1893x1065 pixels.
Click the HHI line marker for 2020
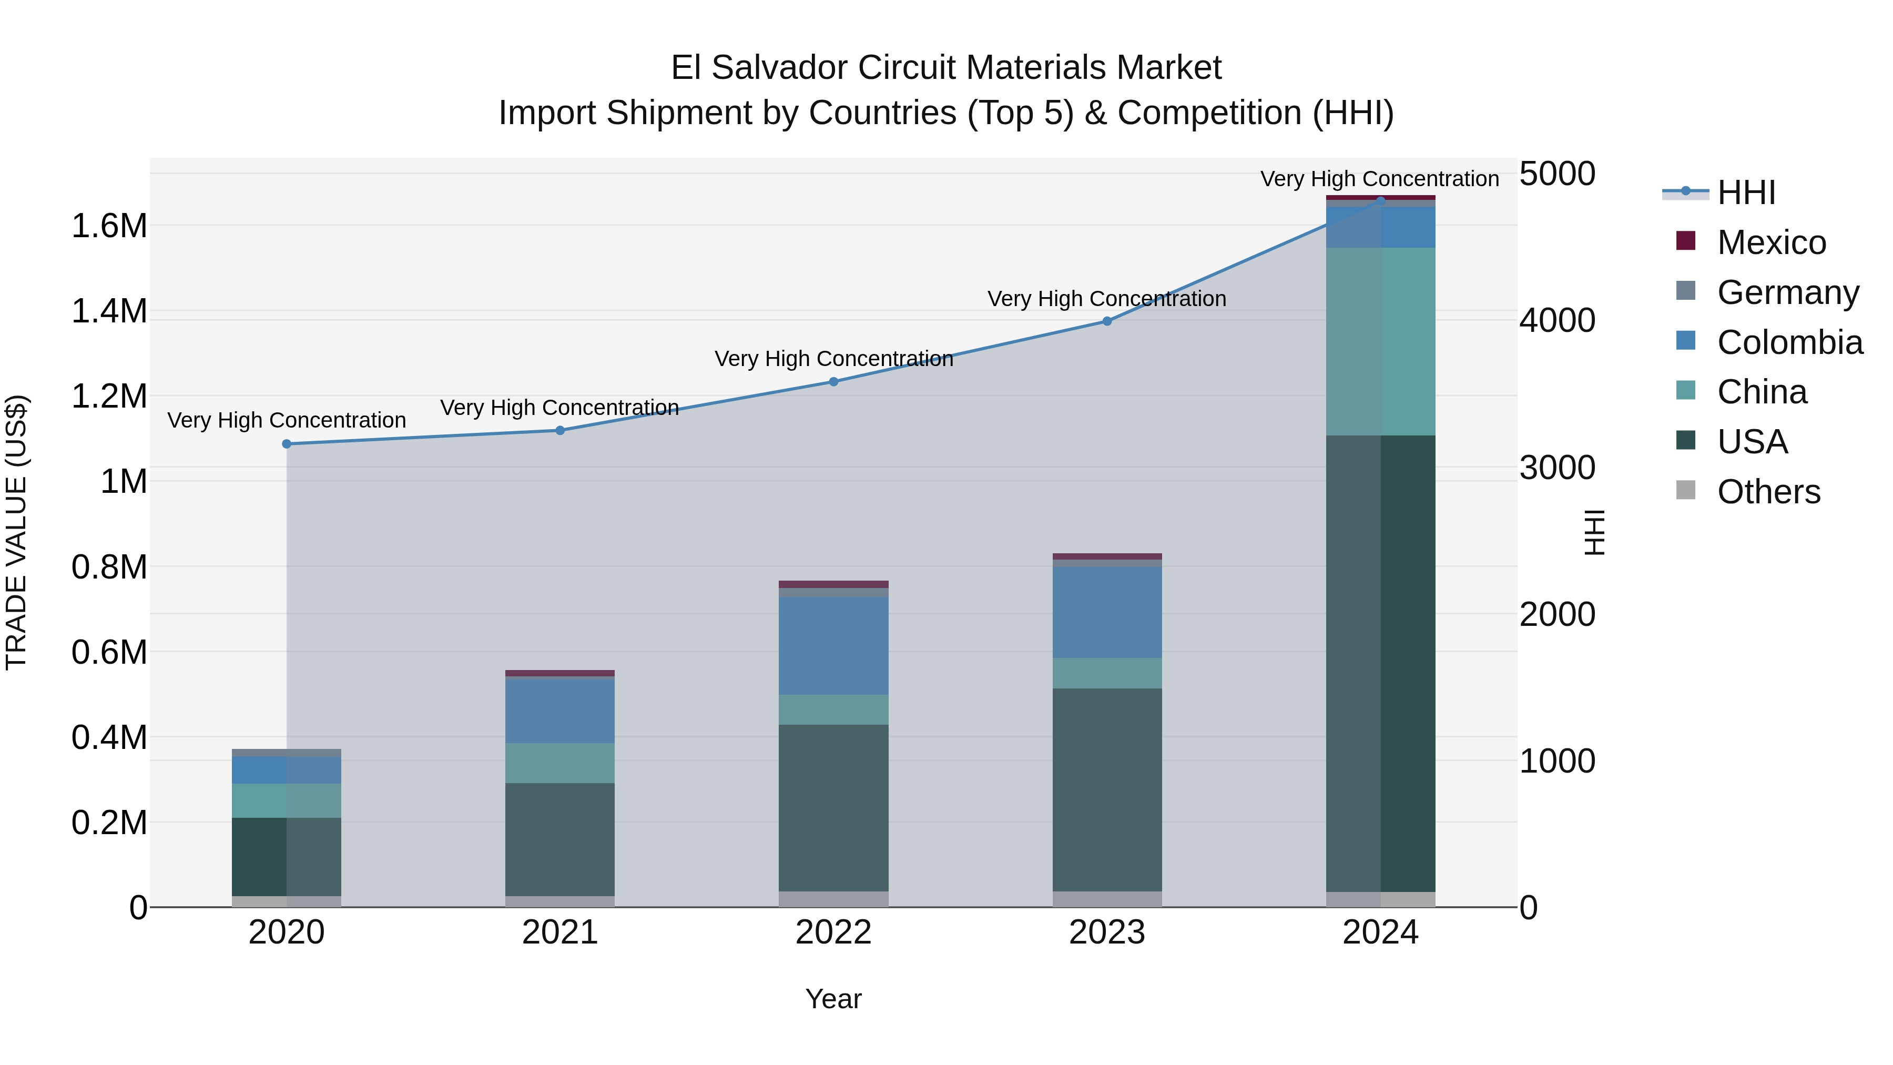[287, 444]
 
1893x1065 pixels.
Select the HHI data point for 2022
[833, 381]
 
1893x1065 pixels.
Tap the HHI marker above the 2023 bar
[1107, 321]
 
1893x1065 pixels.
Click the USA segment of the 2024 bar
[1380, 662]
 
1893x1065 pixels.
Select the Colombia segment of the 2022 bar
[833, 645]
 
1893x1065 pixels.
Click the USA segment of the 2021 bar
[560, 839]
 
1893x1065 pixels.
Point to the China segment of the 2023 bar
[1107, 673]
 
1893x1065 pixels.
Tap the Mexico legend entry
[1771, 242]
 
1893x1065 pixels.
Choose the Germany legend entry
[1787, 292]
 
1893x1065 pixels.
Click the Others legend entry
[1768, 492]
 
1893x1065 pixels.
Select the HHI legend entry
[1746, 192]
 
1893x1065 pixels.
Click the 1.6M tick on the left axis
[109, 226]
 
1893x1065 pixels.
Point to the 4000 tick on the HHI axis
[1556, 320]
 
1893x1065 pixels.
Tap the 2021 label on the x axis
[560, 932]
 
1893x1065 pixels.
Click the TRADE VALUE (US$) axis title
[16, 532]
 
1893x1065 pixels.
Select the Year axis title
[833, 999]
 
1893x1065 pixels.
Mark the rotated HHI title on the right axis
[1594, 532]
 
